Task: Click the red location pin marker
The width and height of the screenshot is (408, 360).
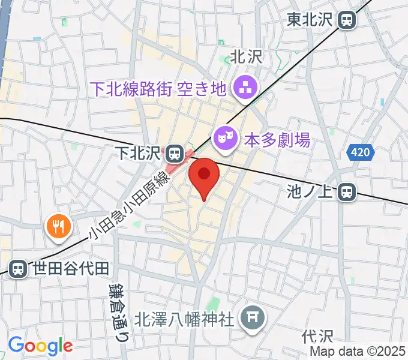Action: (x=204, y=176)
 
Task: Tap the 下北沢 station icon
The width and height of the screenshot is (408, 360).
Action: (x=175, y=153)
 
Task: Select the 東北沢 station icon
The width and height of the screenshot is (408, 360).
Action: (x=346, y=20)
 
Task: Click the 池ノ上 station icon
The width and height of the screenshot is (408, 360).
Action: (x=346, y=192)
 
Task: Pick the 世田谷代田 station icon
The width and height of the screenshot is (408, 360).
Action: (x=18, y=269)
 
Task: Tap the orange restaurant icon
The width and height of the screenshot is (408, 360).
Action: (x=58, y=226)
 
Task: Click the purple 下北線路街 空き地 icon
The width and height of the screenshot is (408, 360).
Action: (x=244, y=89)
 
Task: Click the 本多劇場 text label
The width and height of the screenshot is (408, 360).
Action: (x=277, y=141)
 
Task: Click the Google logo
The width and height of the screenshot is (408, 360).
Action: (x=40, y=346)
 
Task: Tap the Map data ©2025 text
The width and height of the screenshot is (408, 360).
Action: (x=358, y=352)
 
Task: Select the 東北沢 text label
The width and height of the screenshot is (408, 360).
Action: (x=308, y=20)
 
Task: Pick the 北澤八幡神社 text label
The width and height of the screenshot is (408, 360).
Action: (x=184, y=319)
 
